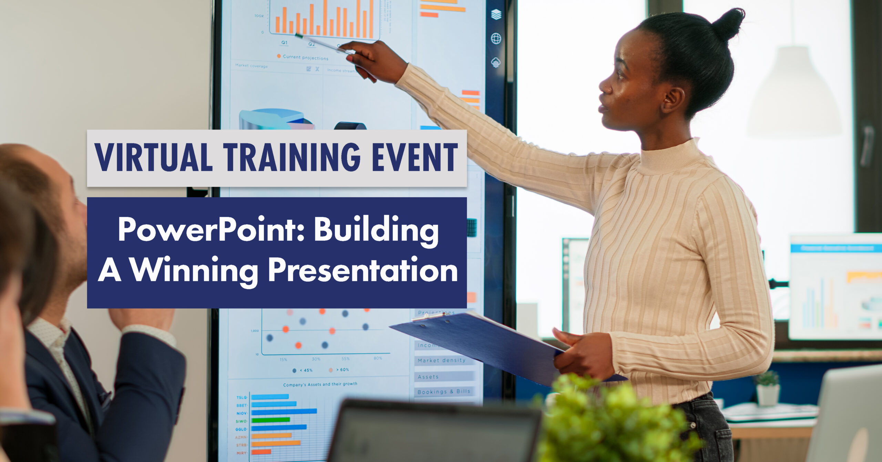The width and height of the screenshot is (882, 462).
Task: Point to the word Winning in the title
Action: click(194, 271)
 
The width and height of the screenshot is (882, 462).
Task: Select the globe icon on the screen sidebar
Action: click(496, 38)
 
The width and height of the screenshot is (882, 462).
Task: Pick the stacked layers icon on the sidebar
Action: click(496, 14)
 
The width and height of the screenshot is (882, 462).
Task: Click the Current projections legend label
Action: click(305, 57)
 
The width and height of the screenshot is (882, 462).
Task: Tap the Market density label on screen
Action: click(441, 360)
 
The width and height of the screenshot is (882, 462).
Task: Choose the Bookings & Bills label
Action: click(443, 392)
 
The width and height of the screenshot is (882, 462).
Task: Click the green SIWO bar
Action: click(270, 420)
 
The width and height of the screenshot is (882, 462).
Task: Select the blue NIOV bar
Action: click(284, 411)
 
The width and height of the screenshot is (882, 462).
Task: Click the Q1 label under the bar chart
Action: click(284, 42)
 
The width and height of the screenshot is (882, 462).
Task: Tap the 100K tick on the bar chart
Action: click(259, 16)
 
